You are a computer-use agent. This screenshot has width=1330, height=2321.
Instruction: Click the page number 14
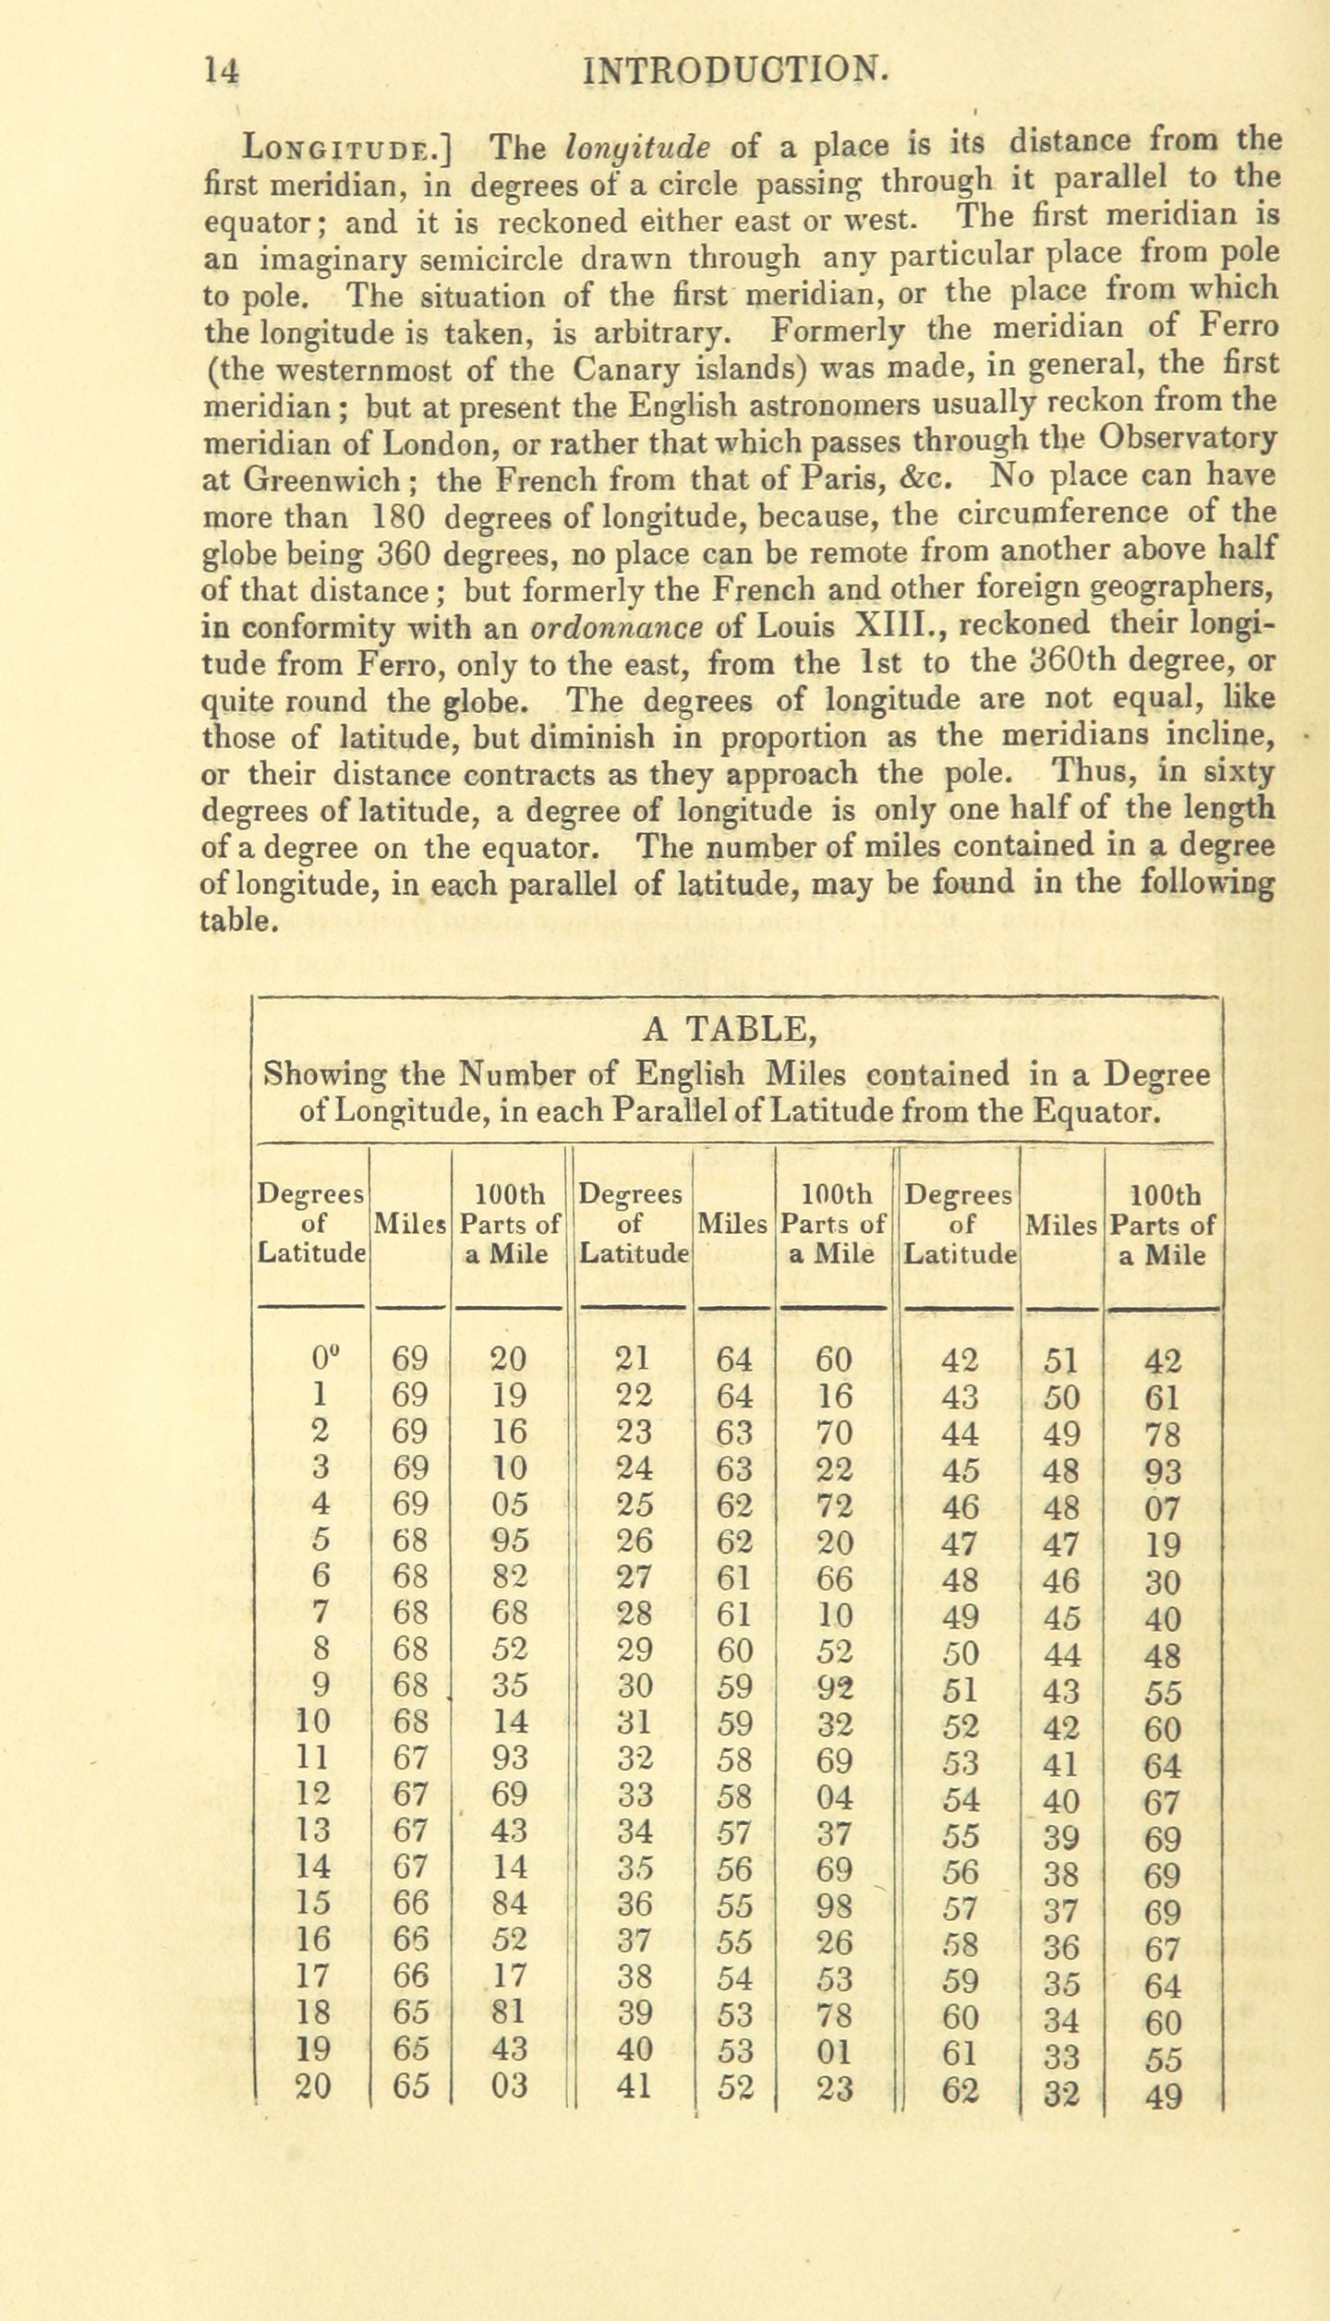point(223,70)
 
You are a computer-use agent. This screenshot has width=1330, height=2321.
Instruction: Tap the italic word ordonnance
point(617,627)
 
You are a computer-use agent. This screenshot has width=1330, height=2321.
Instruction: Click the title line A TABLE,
point(729,1028)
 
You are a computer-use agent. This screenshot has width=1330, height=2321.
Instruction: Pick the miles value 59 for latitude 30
point(734,1687)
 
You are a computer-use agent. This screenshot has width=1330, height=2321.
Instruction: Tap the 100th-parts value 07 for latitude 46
point(1162,1508)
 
